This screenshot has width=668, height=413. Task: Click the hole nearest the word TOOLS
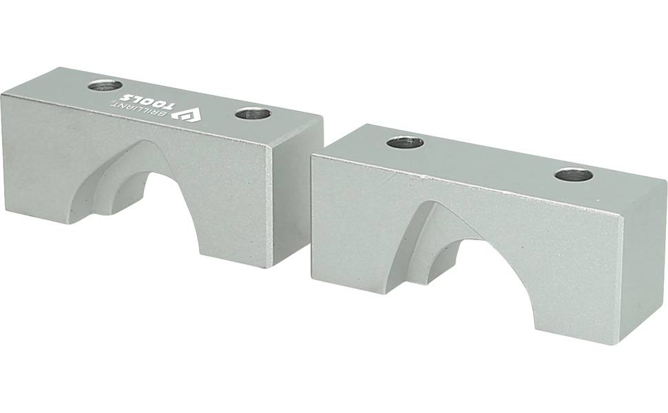(x=105, y=85)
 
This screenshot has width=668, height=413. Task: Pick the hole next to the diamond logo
(x=253, y=114)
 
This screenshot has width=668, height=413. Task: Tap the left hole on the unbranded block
(x=405, y=142)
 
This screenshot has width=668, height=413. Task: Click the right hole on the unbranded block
(x=574, y=175)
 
